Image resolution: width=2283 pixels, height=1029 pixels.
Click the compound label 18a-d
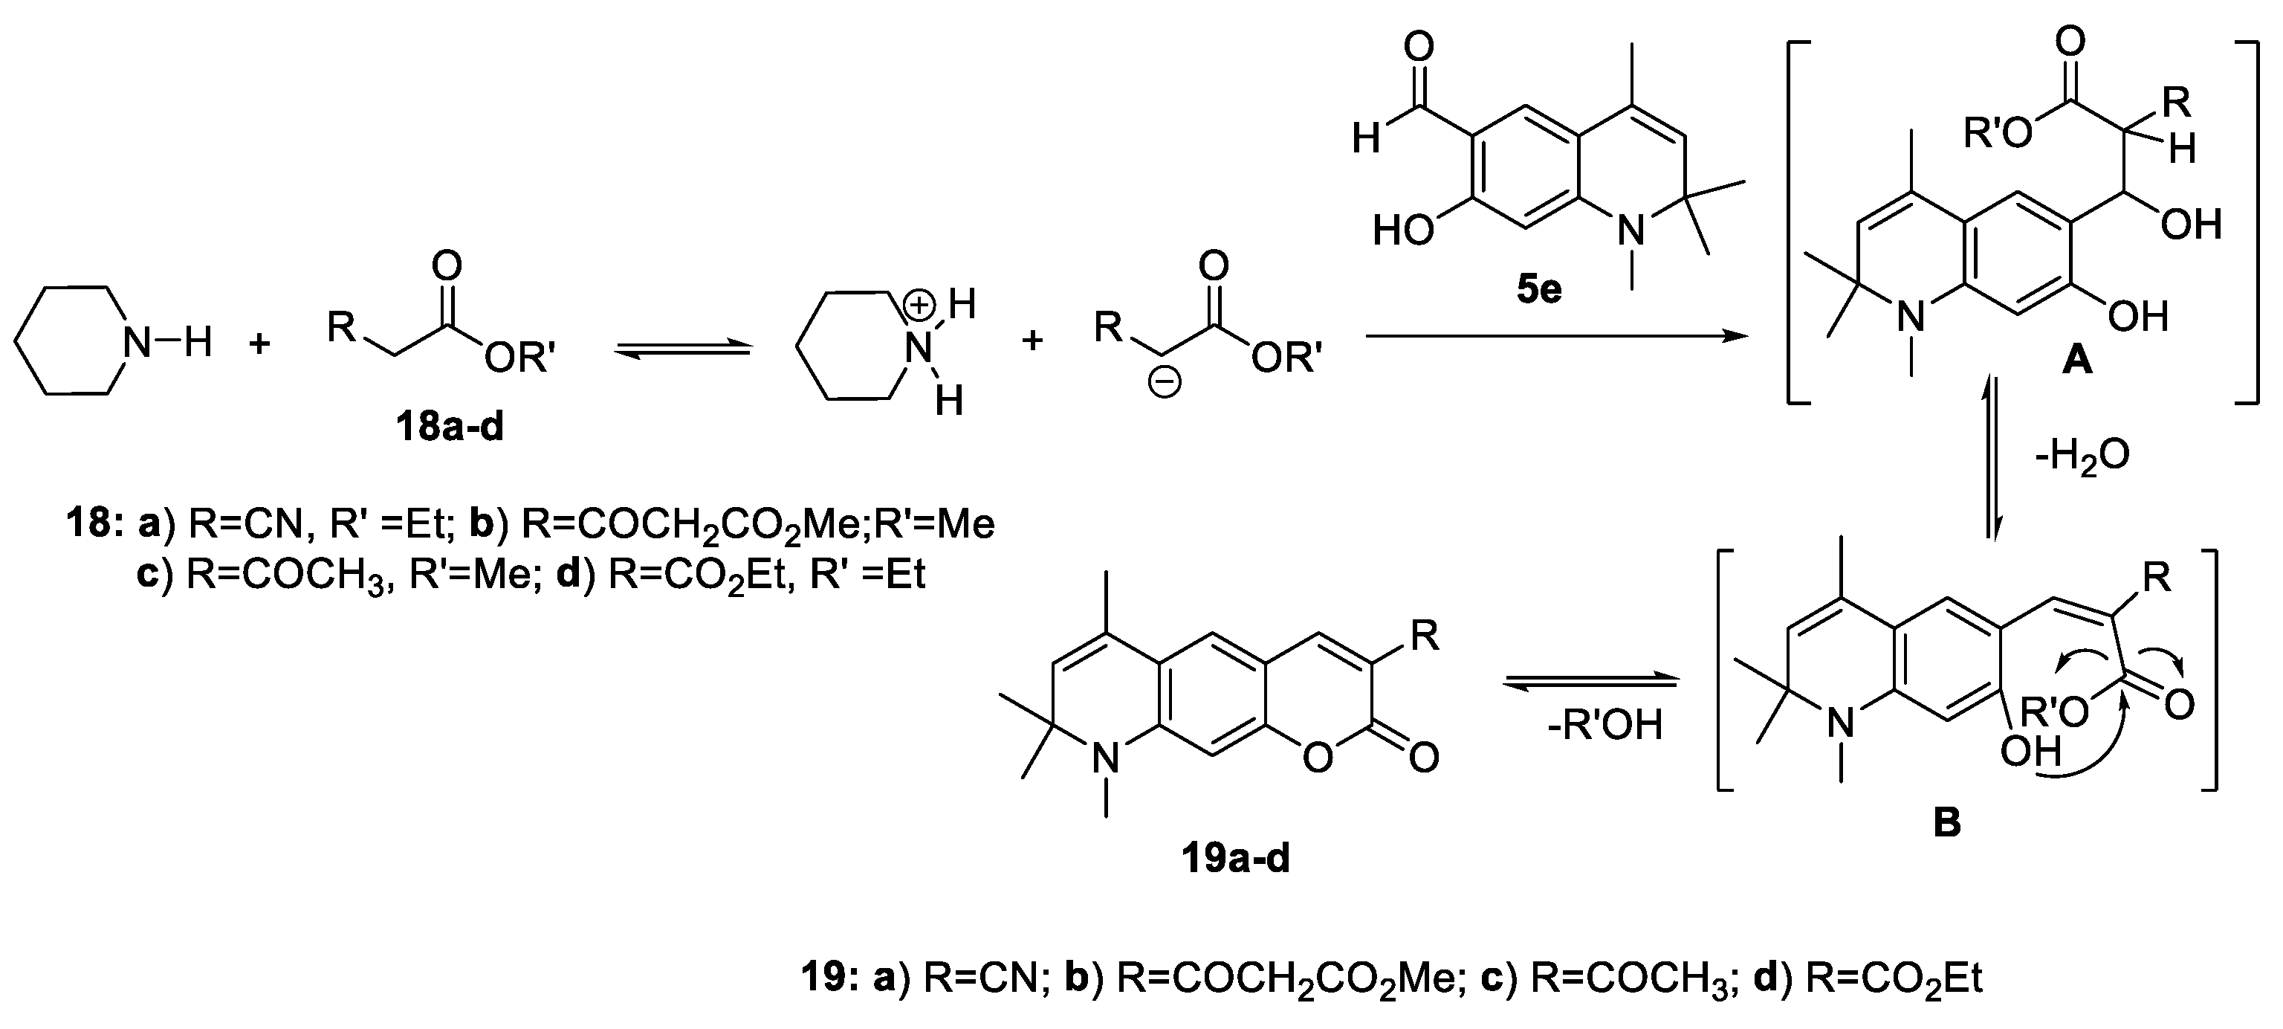point(450,428)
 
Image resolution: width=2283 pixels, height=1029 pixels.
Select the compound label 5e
point(1538,290)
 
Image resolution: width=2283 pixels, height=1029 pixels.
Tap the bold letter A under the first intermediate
point(2076,361)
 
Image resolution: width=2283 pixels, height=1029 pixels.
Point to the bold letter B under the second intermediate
point(1947,822)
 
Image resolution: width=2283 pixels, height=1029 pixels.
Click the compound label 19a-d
point(1235,858)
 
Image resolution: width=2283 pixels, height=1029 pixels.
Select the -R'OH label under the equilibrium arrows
point(1604,726)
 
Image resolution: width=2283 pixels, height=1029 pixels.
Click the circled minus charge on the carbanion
point(1164,383)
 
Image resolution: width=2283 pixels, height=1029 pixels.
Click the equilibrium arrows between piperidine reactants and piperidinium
point(681,351)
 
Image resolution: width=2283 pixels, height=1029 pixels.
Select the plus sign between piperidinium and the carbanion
point(1032,341)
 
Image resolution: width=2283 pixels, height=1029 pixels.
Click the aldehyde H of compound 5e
point(1366,139)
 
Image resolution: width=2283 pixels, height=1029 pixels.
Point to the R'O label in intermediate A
point(1997,134)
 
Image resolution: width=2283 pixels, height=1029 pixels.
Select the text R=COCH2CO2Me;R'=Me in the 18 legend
point(758,526)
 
